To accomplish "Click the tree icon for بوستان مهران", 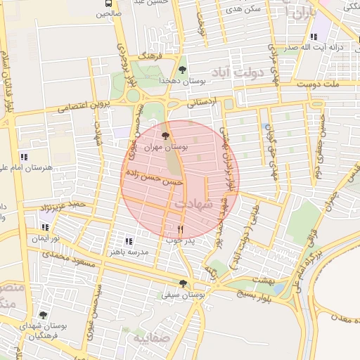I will [165, 136].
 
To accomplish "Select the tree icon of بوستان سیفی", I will [183, 284].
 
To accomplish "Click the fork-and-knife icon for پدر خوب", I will [181, 229].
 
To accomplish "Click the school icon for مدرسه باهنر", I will [128, 240].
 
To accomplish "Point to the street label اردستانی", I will [204, 102].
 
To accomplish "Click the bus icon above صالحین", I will [105, 3].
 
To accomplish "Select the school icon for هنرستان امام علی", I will [24, 157].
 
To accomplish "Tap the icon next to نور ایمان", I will [45, 228].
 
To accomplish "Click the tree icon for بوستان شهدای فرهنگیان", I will [44, 316].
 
